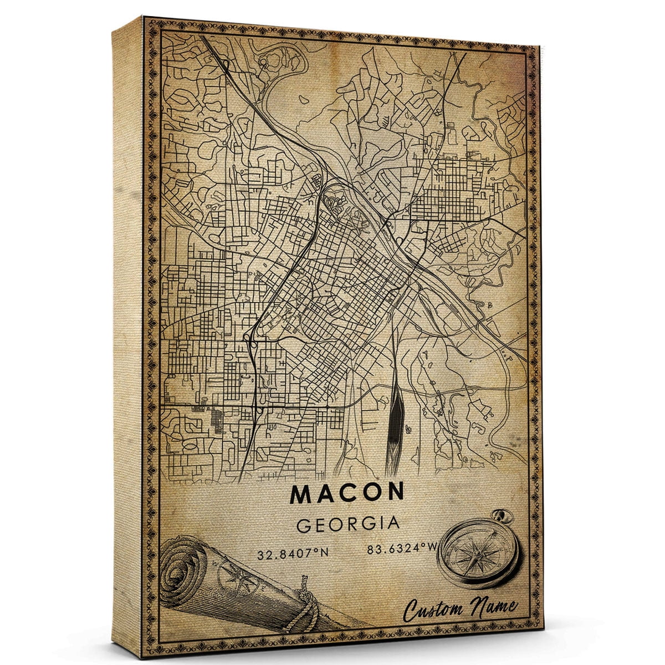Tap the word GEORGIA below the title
[x=348, y=524]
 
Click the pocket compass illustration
[x=478, y=554]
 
